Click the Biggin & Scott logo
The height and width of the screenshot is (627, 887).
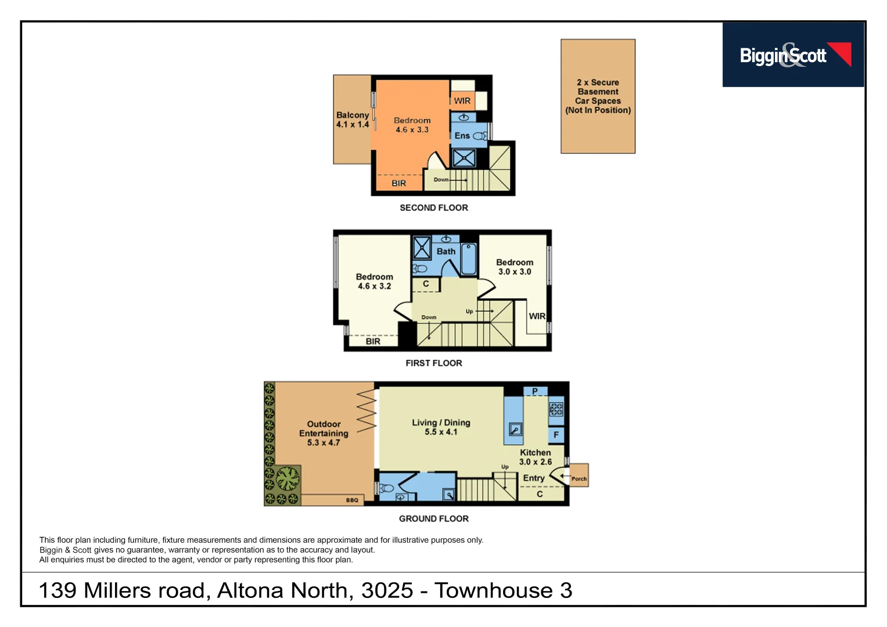(793, 55)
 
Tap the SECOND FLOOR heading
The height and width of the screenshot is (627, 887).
(433, 208)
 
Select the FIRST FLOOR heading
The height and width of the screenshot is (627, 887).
(433, 363)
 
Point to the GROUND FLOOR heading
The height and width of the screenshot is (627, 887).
(433, 519)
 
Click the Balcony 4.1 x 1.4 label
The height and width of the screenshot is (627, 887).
(352, 120)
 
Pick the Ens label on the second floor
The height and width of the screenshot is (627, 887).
(462, 136)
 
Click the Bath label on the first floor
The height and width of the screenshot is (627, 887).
(446, 252)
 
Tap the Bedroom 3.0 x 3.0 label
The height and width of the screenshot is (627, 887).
(514, 267)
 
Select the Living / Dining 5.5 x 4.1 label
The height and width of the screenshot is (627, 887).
(441, 427)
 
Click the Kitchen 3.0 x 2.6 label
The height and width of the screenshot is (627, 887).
(535, 457)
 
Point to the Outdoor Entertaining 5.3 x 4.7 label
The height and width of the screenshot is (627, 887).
(324, 433)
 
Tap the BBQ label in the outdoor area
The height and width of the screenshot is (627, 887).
(352, 500)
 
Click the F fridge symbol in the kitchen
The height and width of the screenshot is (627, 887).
(556, 435)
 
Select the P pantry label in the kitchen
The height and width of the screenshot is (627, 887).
(535, 391)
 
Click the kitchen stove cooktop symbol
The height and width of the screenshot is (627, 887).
(556, 409)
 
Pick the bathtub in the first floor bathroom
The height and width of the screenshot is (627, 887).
(469, 259)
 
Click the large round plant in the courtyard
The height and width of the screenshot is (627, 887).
(288, 479)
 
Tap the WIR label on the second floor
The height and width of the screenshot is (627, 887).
(462, 101)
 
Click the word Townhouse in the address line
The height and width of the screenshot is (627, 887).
(493, 591)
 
